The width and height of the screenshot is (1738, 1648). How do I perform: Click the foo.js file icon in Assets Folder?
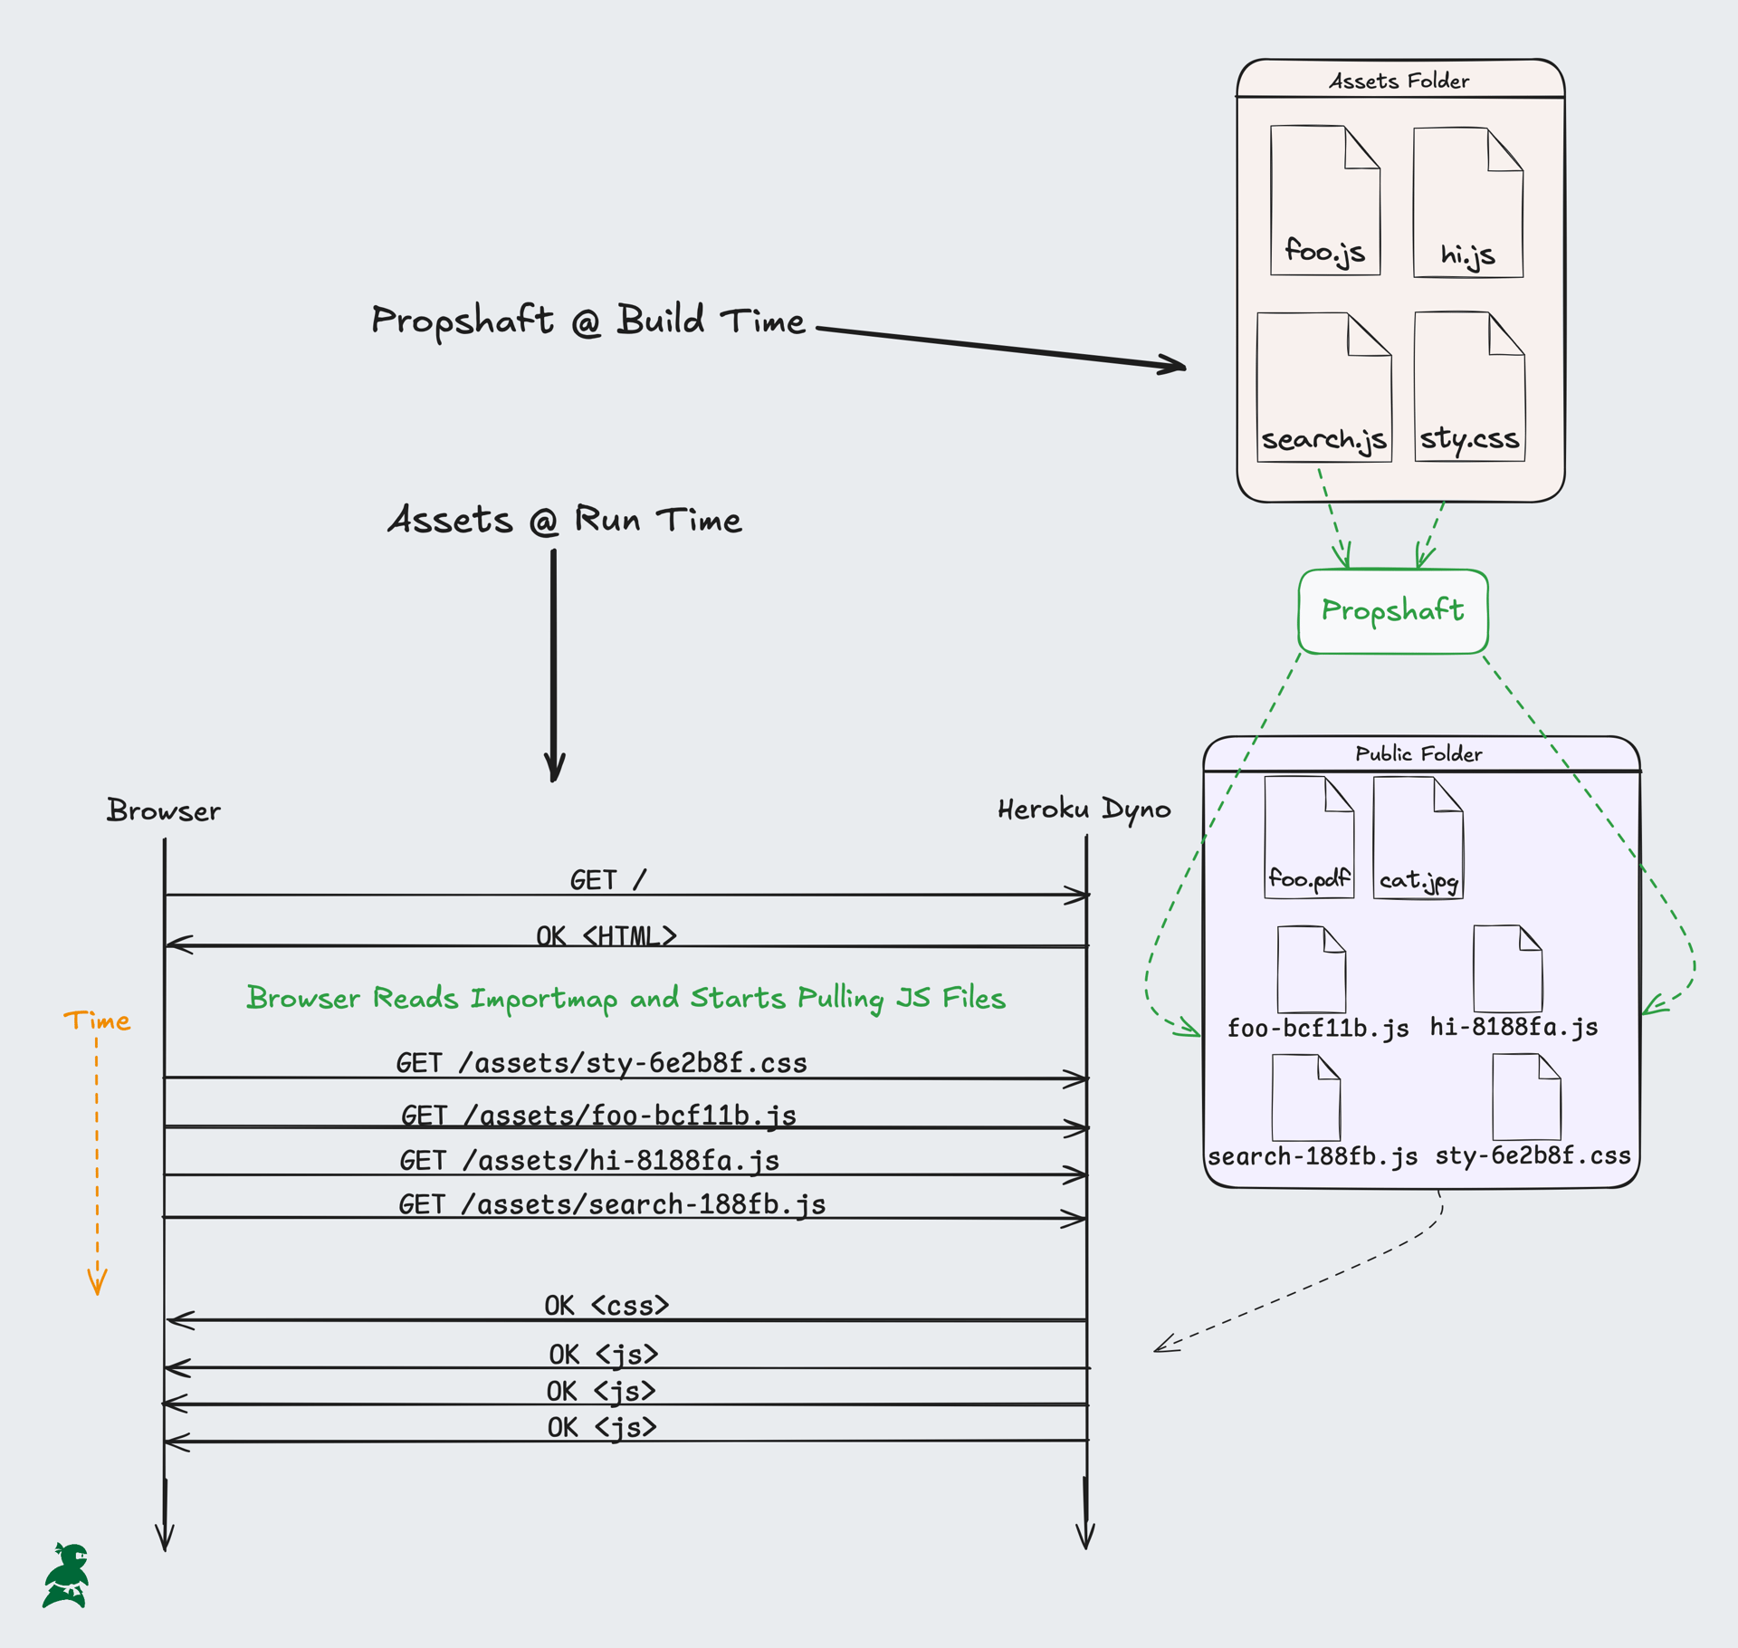point(1324,201)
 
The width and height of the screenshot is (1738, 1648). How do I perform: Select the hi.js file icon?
point(1467,203)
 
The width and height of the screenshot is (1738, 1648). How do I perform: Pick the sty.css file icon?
point(1469,388)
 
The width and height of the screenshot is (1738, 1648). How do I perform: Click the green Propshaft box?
point(1392,611)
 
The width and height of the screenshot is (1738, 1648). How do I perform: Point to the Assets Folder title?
point(1399,81)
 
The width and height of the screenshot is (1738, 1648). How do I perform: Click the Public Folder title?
point(1418,753)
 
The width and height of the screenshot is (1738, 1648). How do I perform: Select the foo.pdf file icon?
point(1309,838)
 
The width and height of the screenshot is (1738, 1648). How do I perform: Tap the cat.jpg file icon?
point(1418,838)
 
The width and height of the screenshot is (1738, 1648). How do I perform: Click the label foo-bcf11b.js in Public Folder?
point(1317,1028)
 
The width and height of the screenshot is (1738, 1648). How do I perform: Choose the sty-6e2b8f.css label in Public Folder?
point(1533,1155)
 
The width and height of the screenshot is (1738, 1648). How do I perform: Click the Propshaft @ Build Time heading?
point(588,321)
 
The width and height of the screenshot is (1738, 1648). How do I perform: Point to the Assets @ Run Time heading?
point(565,520)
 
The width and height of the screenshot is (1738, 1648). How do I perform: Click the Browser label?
point(164,810)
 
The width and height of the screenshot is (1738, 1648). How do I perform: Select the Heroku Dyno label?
point(1084,809)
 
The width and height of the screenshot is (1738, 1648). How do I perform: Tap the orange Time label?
point(97,1020)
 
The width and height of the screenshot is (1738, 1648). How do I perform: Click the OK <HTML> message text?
point(606,935)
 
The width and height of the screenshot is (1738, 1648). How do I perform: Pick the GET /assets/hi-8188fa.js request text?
point(589,1161)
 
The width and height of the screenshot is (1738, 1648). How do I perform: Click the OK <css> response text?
point(606,1305)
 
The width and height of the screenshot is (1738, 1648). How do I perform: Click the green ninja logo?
point(67,1576)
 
